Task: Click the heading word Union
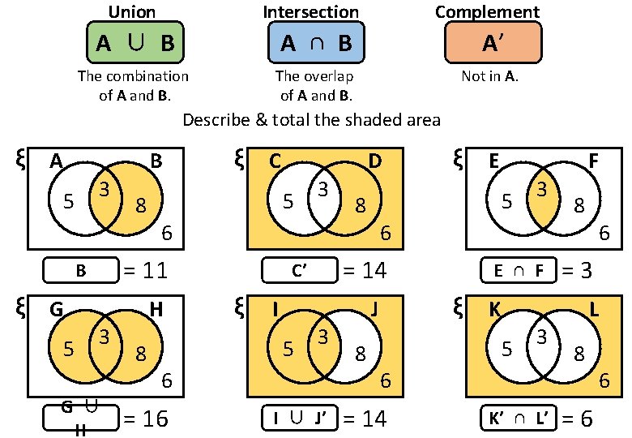[x=132, y=11]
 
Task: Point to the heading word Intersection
[x=311, y=11]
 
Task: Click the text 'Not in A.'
[x=489, y=77]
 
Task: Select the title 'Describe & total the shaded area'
[x=312, y=121]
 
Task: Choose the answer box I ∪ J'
[x=299, y=419]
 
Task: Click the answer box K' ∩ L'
[x=516, y=419]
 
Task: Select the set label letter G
[x=57, y=309]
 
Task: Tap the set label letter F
[x=593, y=161]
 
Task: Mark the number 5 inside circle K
[x=506, y=350]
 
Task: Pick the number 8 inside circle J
[x=360, y=354]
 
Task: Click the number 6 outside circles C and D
[x=386, y=234]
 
